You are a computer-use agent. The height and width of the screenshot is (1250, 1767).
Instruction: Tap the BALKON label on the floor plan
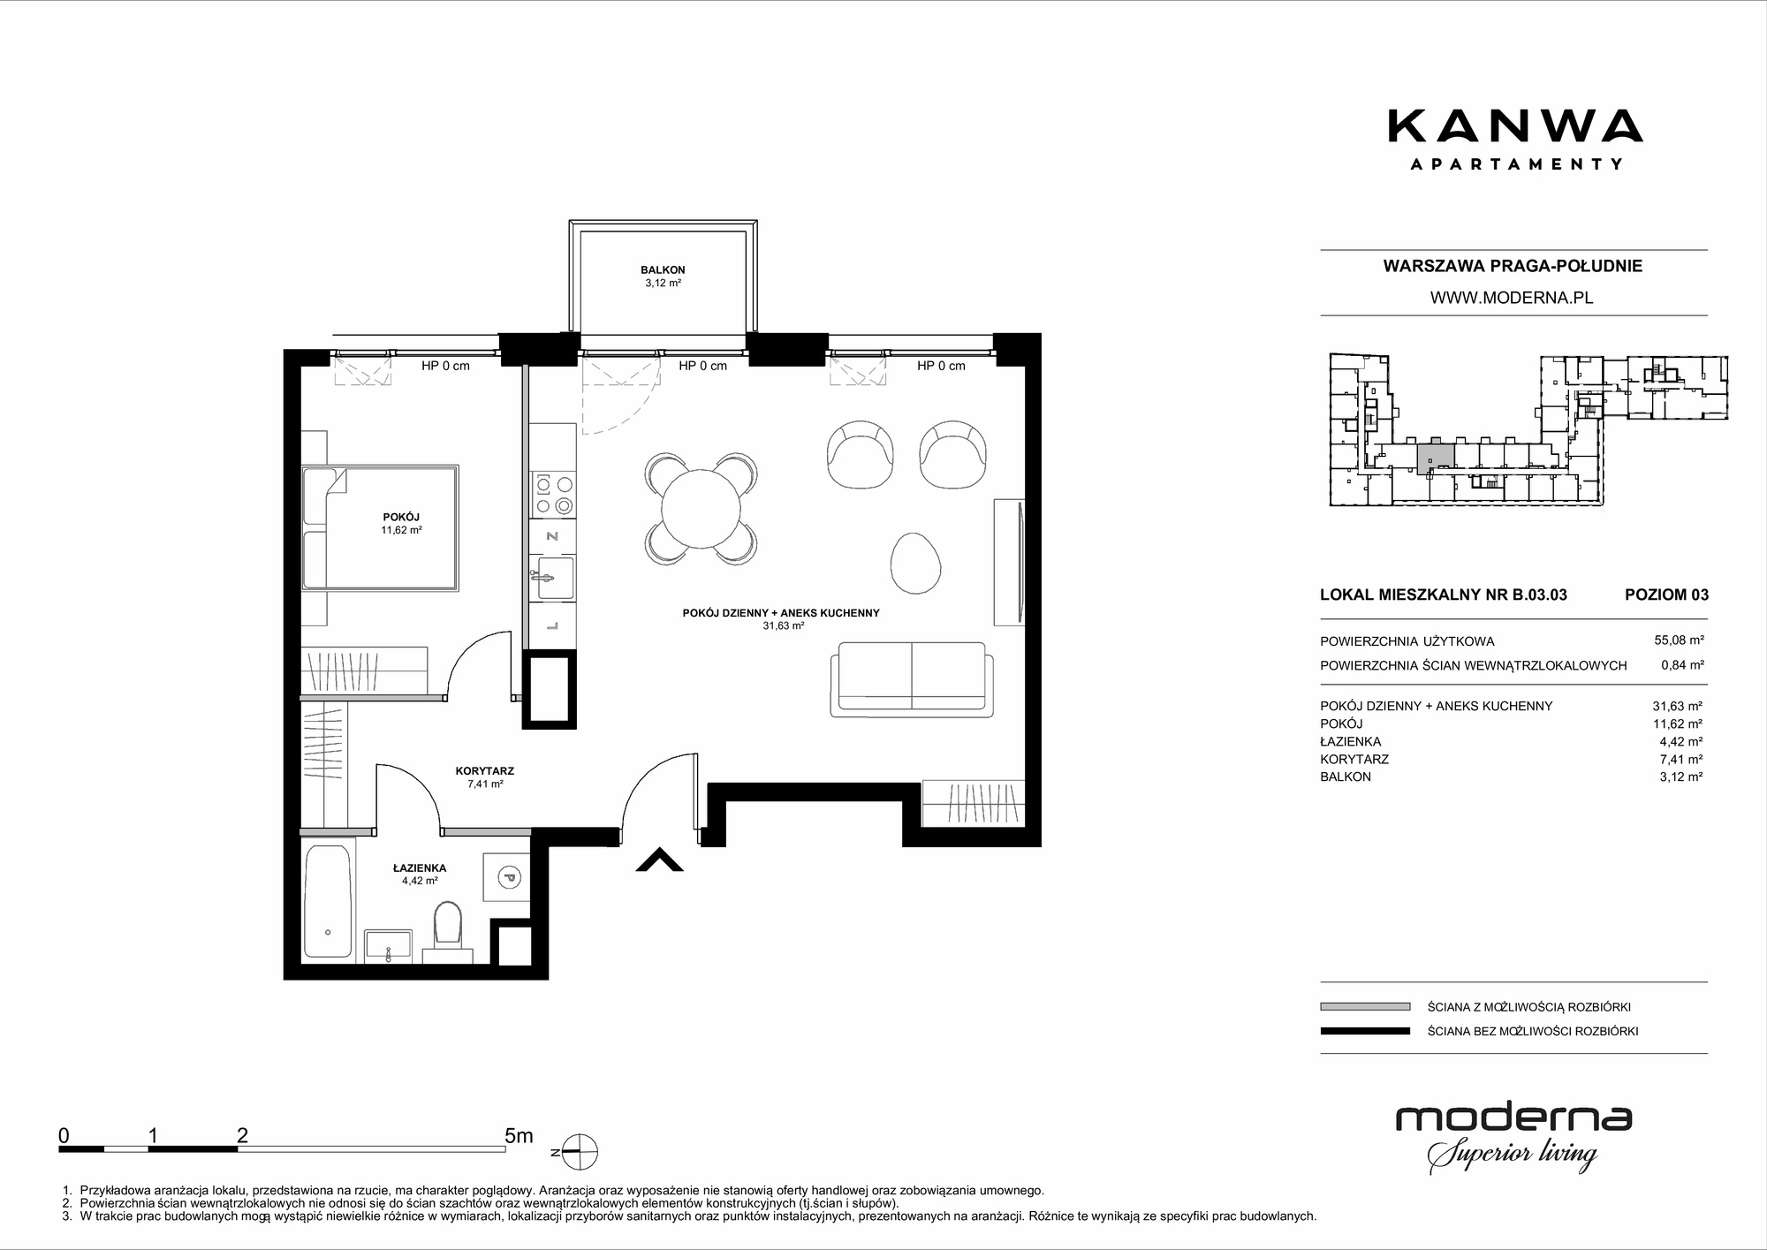pos(663,270)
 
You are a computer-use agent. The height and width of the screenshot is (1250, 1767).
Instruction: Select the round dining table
pos(701,509)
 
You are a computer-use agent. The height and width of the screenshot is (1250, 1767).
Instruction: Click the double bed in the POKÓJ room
pos(380,527)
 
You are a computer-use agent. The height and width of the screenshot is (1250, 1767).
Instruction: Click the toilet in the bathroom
pos(448,933)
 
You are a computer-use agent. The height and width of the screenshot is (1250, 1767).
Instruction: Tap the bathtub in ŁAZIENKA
pos(327,900)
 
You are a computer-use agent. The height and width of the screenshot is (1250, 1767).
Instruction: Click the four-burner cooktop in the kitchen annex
pos(552,494)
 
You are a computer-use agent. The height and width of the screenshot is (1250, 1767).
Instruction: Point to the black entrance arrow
pos(660,860)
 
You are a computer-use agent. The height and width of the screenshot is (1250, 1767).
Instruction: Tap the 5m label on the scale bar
pos(519,1135)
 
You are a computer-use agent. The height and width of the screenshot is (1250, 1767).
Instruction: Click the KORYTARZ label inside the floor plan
pos(485,771)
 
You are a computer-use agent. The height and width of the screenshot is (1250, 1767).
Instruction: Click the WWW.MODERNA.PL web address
pos(1512,299)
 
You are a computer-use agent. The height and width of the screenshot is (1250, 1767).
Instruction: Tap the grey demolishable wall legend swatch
pos(1365,1006)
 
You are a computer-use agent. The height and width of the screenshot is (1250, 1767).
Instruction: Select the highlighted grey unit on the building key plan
pos(1435,458)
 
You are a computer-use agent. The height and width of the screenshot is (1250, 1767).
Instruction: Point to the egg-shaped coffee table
pos(915,563)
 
